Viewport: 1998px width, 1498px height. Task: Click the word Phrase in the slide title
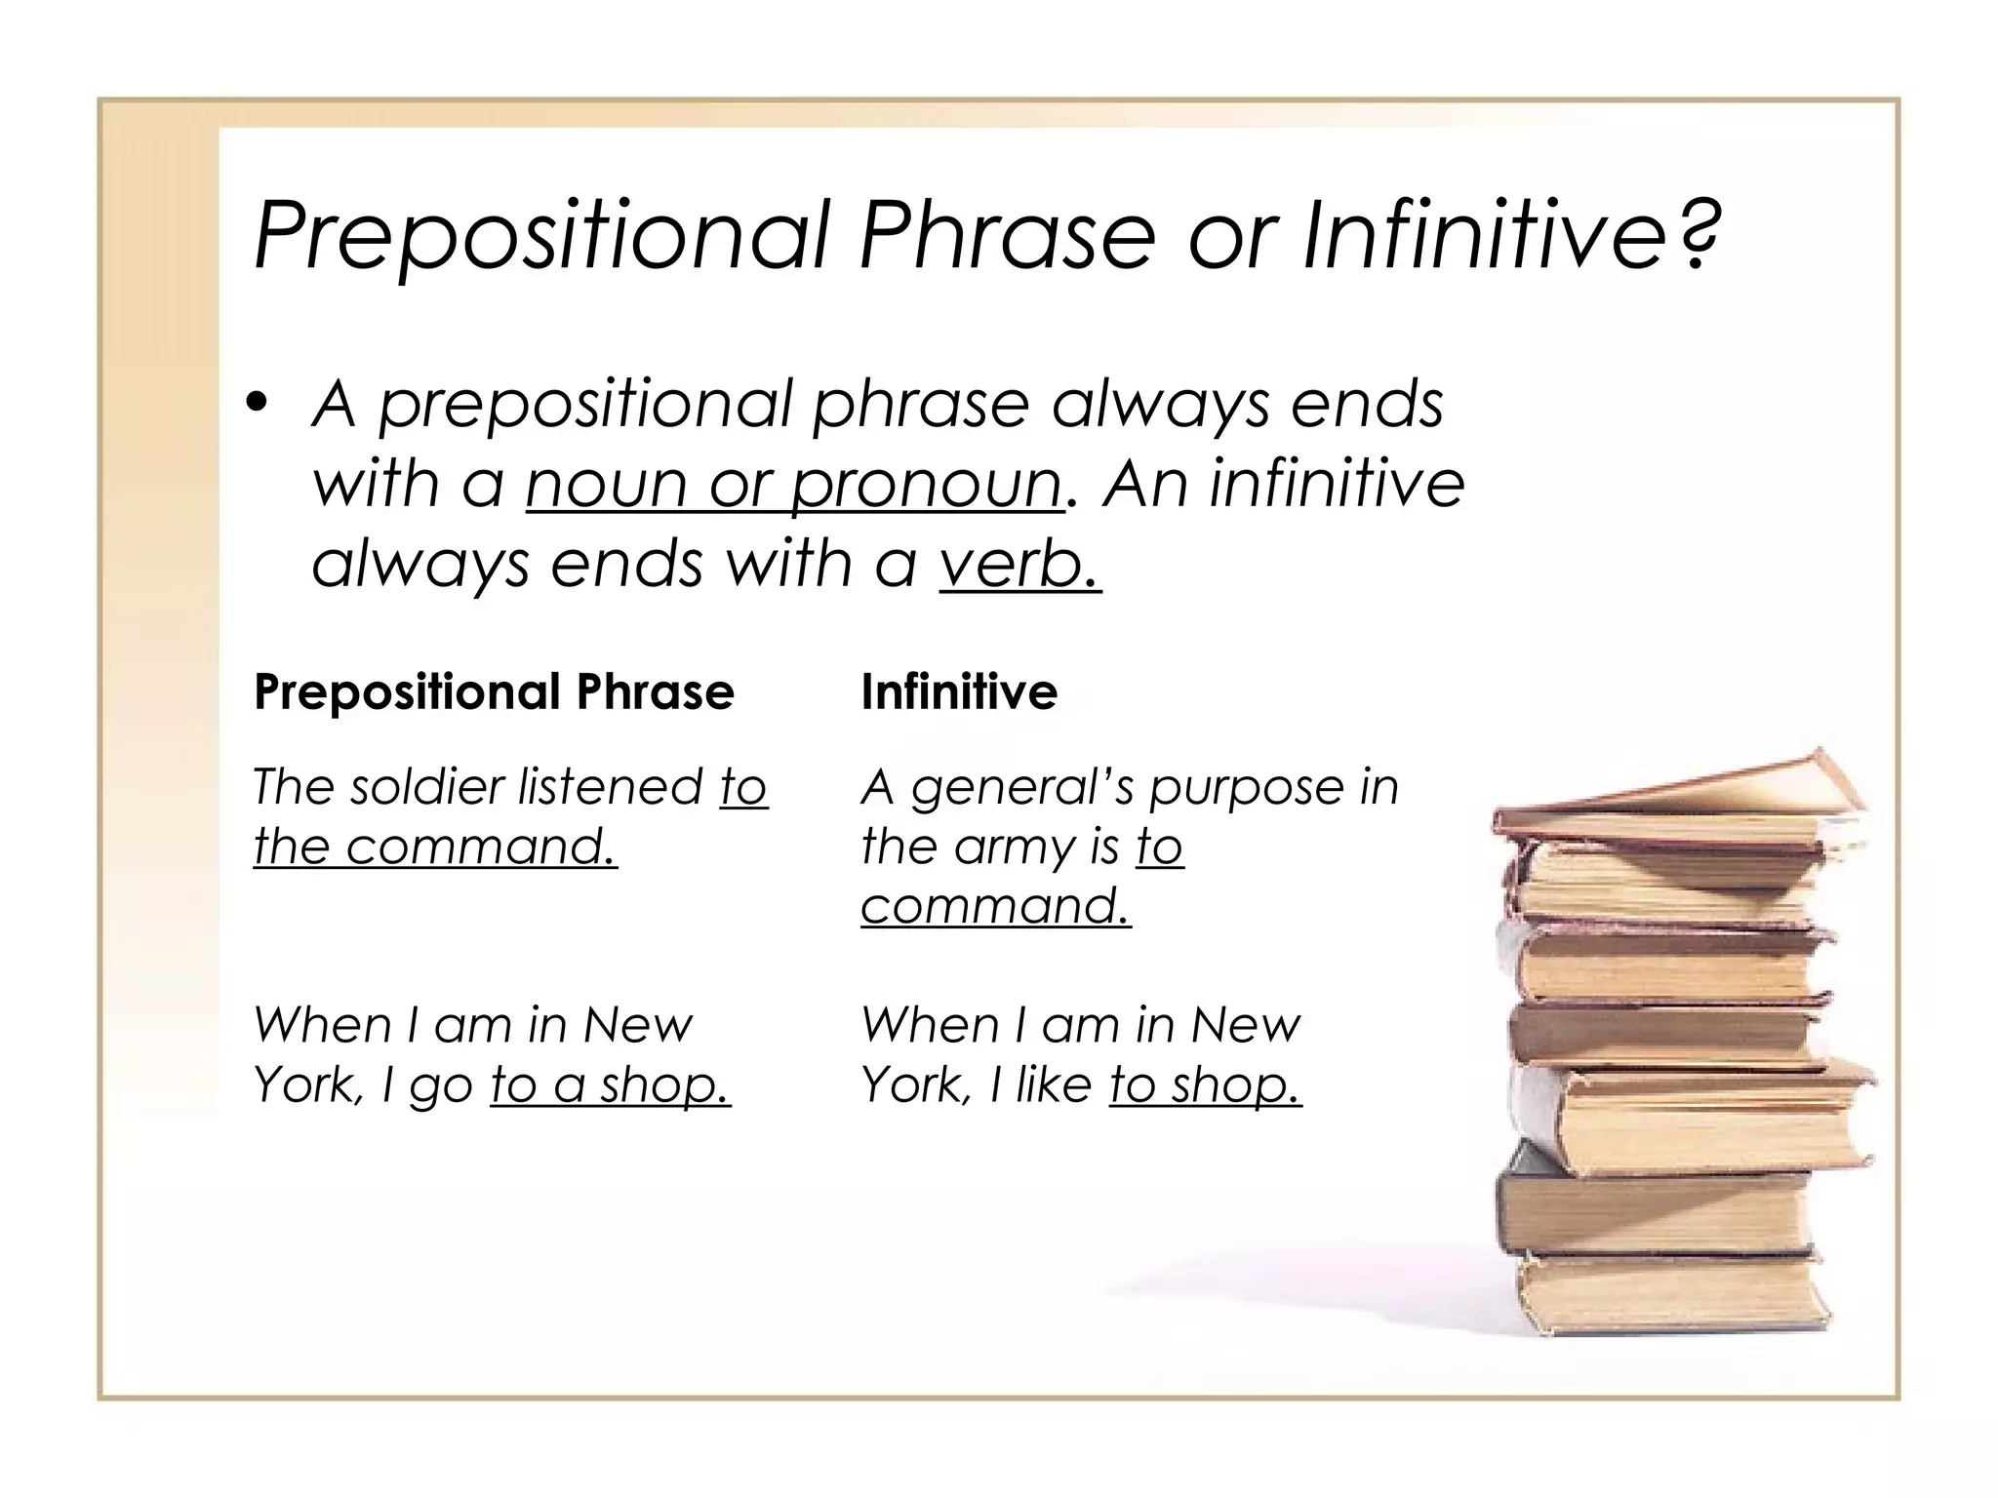[x=1006, y=237]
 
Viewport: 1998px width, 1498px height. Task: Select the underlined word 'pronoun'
[x=926, y=485]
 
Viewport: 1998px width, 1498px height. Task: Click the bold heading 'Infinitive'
[x=959, y=692]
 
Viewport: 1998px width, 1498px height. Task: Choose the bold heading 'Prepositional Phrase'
[x=494, y=692]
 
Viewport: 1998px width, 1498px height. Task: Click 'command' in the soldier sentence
[x=481, y=847]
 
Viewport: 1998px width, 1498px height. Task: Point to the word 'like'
[x=1053, y=1084]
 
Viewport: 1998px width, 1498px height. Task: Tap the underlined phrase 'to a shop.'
[x=610, y=1085]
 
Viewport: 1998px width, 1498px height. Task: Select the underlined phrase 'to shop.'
[x=1205, y=1085]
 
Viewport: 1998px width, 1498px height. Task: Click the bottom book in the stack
[x=1668, y=1297]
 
